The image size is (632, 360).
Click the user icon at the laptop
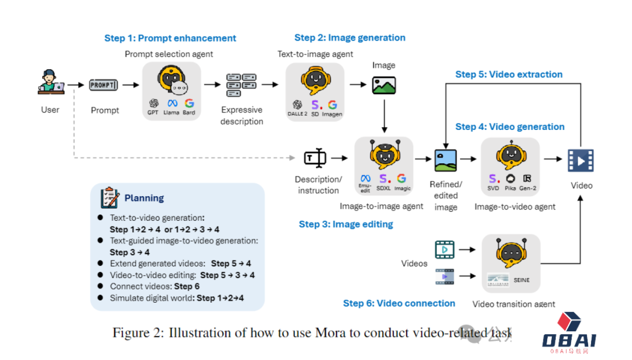pos(50,83)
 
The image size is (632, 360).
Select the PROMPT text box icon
pos(104,85)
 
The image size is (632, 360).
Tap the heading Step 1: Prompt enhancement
pos(170,39)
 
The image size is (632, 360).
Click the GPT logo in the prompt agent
pos(154,104)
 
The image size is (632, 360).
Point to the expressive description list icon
pos(241,85)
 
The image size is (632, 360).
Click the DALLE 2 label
pos(297,114)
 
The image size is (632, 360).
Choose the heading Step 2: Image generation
pos(349,38)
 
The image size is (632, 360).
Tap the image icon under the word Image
pos(384,85)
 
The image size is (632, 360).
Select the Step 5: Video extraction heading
pos(509,75)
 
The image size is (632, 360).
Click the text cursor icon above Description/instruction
pos(315,158)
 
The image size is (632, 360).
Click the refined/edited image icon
pos(445,160)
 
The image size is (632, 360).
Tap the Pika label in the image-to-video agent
pos(510,188)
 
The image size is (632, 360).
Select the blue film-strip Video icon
pos(581,160)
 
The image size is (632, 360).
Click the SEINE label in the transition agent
pos(521,280)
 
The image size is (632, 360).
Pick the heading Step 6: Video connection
pos(399,303)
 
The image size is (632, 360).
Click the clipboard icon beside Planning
pos(109,197)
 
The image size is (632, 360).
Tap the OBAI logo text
pos(569,340)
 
